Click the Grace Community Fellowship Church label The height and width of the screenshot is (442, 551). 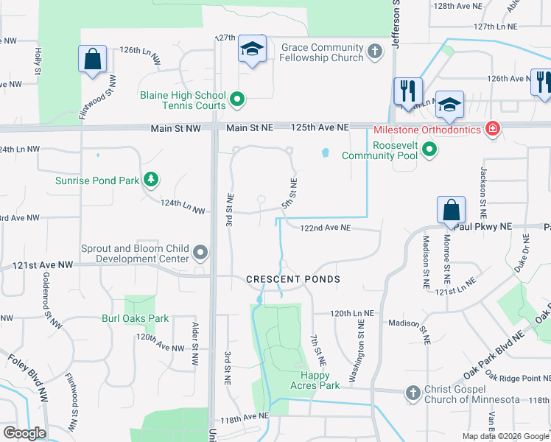coord(322,52)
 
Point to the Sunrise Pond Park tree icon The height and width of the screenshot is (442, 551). coord(150,180)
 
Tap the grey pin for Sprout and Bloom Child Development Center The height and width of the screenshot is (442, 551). coord(200,254)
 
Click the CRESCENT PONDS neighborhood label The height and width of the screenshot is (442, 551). coord(293,279)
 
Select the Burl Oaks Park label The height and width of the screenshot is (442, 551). coord(136,319)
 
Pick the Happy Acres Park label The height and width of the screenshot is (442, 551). coord(320,380)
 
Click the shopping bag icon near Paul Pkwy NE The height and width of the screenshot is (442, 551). coord(451,210)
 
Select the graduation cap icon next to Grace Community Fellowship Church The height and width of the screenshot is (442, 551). coord(252,50)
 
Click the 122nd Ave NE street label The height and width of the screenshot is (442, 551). coord(325,228)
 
